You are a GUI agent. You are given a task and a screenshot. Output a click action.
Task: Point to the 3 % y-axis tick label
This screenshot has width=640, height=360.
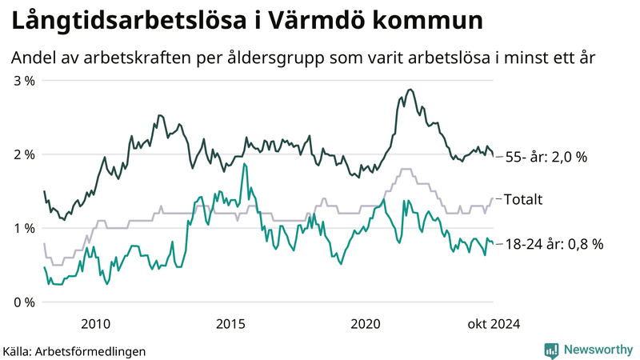pyautogui.click(x=23, y=81)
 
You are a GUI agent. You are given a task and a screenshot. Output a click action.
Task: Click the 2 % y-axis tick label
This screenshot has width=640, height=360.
pyautogui.click(x=23, y=154)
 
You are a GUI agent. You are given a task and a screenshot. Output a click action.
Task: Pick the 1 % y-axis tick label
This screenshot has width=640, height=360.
pyautogui.click(x=23, y=228)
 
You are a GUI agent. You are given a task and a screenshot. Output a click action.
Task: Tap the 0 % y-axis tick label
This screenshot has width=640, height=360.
pyautogui.click(x=23, y=302)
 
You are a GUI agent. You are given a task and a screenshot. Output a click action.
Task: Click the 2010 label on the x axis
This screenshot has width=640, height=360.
pyautogui.click(x=96, y=323)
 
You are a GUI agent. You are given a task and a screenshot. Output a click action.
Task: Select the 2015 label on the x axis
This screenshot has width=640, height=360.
pyautogui.click(x=231, y=323)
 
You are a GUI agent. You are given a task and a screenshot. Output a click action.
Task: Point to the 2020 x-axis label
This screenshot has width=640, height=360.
pyautogui.click(x=366, y=323)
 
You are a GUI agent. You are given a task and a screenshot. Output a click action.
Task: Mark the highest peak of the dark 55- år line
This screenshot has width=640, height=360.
pyautogui.click(x=410, y=90)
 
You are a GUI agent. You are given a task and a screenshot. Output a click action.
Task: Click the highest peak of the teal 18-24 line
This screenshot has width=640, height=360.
pyautogui.click(x=244, y=164)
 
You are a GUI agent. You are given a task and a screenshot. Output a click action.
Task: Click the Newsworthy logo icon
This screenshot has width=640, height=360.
pyautogui.click(x=551, y=350)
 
